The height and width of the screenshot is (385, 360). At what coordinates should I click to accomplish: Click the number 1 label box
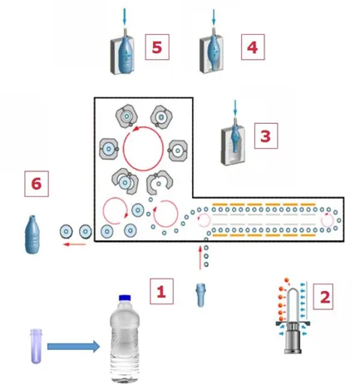[x=162, y=291]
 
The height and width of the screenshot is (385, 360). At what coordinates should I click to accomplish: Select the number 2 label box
[x=323, y=296]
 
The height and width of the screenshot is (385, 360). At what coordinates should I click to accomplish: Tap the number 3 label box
[x=266, y=136]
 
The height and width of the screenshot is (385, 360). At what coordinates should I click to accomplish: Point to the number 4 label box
[x=253, y=47]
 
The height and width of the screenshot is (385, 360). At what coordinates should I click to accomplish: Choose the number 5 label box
[x=157, y=47]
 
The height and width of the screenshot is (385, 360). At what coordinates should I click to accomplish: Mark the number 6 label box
[x=37, y=184]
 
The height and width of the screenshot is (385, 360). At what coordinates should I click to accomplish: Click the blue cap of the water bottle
[x=125, y=298]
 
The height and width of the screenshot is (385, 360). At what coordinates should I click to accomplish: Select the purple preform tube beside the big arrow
[x=36, y=346]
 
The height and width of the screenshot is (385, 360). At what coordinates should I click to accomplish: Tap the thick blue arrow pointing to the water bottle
[x=73, y=347]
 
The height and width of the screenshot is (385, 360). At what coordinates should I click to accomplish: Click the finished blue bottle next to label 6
[x=32, y=234]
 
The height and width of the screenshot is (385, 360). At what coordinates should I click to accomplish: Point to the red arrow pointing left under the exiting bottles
[x=75, y=244]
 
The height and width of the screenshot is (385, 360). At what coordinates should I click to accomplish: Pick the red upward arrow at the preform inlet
[x=200, y=257]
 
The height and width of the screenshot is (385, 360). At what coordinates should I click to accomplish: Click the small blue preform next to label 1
[x=201, y=295]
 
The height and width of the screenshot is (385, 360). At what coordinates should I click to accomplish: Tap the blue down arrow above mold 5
[x=124, y=17]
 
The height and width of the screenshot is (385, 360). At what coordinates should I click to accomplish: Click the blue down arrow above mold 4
[x=214, y=17]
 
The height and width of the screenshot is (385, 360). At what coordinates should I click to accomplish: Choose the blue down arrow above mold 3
[x=235, y=108]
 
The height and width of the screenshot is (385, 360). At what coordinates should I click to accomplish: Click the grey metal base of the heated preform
[x=293, y=338]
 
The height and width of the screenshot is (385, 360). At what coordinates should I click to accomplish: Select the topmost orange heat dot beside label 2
[x=287, y=280]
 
